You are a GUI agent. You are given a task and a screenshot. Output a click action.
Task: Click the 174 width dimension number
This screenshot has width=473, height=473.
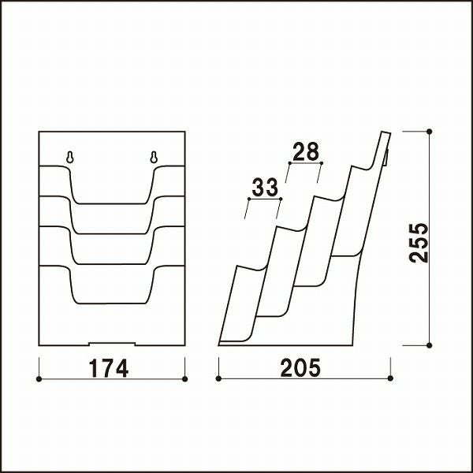point(109,368)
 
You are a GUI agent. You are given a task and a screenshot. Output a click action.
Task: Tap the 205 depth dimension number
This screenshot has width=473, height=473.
point(300,368)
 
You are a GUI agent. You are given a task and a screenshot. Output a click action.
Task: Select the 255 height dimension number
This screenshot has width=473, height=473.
point(419,243)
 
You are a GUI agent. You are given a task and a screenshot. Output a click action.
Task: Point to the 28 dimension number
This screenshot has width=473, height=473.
point(306,151)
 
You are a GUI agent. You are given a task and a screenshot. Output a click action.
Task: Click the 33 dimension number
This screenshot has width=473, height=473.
point(265,187)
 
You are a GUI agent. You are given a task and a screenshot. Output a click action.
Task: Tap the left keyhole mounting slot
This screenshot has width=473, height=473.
point(70,157)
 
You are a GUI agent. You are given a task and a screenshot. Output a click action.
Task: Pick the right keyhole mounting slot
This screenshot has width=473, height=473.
point(154,157)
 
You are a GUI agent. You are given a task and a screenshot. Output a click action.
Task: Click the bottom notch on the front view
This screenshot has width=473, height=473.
point(112,344)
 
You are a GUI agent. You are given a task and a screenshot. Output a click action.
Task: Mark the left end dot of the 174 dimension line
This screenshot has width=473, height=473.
point(39,379)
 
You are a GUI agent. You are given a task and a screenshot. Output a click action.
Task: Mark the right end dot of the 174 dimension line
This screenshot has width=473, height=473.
point(185,379)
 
